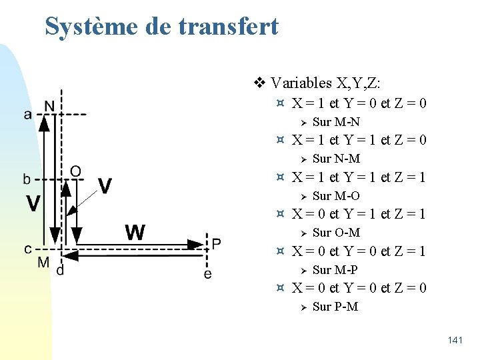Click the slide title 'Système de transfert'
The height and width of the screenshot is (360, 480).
tap(161, 27)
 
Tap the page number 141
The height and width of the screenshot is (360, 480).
tap(455, 341)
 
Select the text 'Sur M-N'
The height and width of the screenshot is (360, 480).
tap(336, 122)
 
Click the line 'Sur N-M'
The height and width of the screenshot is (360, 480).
tap(336, 159)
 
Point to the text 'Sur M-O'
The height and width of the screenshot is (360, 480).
tap(336, 196)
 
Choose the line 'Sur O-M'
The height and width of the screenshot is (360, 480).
tap(336, 233)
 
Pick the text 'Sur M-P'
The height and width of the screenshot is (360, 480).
tap(335, 270)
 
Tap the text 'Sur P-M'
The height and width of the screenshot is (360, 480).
tap(335, 307)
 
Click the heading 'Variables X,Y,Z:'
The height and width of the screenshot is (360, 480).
tap(326, 83)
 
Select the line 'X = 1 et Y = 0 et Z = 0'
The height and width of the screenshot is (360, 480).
tap(360, 103)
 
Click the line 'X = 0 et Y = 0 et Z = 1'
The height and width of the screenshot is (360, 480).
tap(360, 251)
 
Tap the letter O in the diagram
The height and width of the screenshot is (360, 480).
tap(75, 172)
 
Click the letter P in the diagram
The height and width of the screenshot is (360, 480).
tap(217, 243)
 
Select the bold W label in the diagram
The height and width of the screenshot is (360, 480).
tap(135, 233)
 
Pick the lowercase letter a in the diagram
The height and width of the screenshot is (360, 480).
tap(27, 115)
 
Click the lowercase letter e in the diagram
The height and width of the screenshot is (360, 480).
tap(207, 273)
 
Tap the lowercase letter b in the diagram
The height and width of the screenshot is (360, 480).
tap(27, 179)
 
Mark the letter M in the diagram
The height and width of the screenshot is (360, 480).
tap(43, 262)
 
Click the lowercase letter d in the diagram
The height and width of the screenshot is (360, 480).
tap(60, 271)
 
